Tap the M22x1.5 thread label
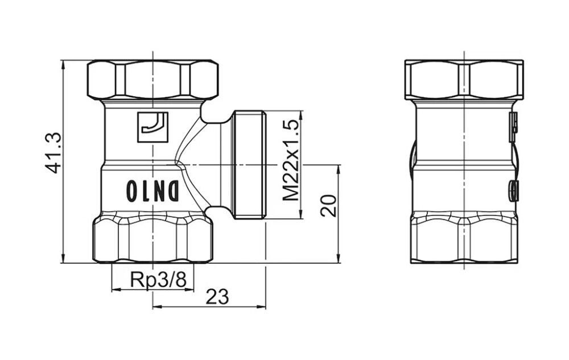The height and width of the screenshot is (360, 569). coord(291,160)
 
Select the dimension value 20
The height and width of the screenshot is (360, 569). coord(328,205)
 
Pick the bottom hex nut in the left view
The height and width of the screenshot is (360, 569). coord(152,241)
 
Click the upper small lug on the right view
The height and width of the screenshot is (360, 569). coord(513,122)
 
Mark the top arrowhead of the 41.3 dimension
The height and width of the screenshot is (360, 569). coord(63,63)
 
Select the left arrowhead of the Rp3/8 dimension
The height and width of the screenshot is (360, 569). coord(114,289)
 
